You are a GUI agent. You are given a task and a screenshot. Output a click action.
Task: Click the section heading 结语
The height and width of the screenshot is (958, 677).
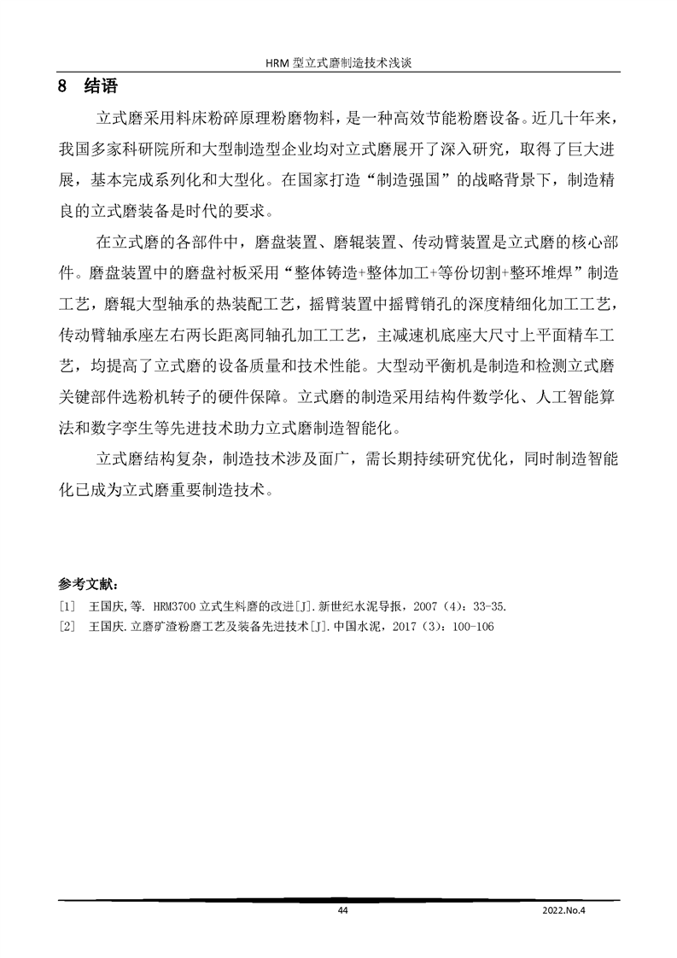pyautogui.click(x=102, y=87)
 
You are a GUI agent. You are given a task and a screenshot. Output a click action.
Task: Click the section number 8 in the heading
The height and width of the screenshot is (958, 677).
pyautogui.click(x=61, y=87)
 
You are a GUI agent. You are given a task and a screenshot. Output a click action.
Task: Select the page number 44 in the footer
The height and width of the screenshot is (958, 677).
pyautogui.click(x=343, y=911)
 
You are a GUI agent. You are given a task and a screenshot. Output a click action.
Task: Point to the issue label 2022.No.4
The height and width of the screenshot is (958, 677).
pyautogui.click(x=566, y=911)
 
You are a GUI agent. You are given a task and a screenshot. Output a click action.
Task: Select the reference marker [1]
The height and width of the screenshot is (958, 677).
pyautogui.click(x=68, y=607)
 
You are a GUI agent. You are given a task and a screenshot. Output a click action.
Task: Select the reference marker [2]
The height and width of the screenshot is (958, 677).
pyautogui.click(x=68, y=627)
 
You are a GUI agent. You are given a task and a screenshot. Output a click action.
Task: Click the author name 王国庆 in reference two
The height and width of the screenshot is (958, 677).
pyautogui.click(x=106, y=627)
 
